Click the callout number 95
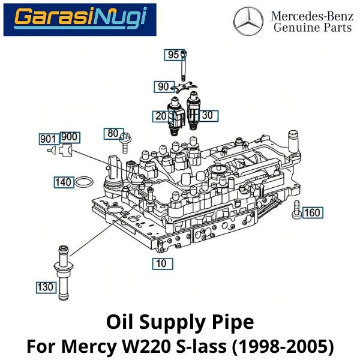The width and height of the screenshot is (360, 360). [173, 55]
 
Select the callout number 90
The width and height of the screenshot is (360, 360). [163, 87]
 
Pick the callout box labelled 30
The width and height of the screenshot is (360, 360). [208, 115]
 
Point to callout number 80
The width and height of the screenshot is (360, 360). [112, 133]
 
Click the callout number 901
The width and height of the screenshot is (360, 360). [47, 139]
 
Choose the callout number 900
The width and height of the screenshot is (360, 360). [70, 137]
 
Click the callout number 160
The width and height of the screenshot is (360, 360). [312, 212]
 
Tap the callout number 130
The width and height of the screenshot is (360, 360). [45, 288]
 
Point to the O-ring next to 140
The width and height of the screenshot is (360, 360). [85, 182]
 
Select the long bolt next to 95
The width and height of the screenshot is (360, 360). [182, 66]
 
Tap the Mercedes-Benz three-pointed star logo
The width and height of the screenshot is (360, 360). [248, 21]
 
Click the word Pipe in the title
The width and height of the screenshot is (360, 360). [232, 323]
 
